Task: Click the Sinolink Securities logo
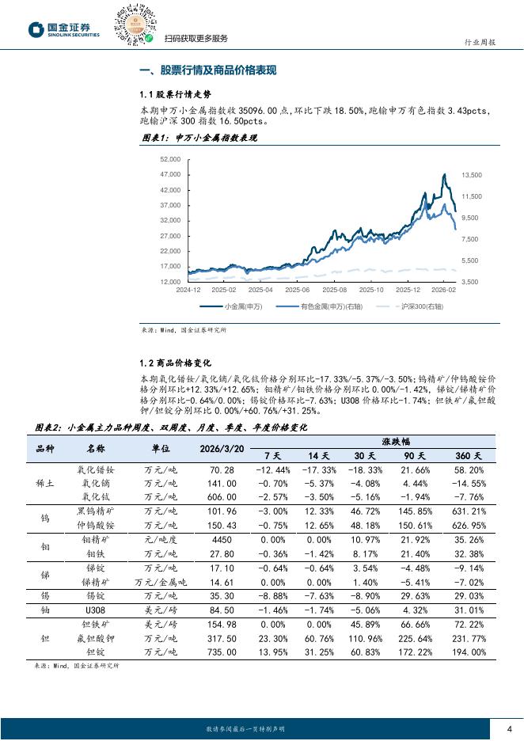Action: pyautogui.click(x=64, y=30)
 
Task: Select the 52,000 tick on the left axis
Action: pyautogui.click(x=171, y=159)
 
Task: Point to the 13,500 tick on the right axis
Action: pyautogui.click(x=471, y=174)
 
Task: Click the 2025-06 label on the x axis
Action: pyautogui.click(x=297, y=290)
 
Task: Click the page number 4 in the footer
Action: pyautogui.click(x=509, y=729)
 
